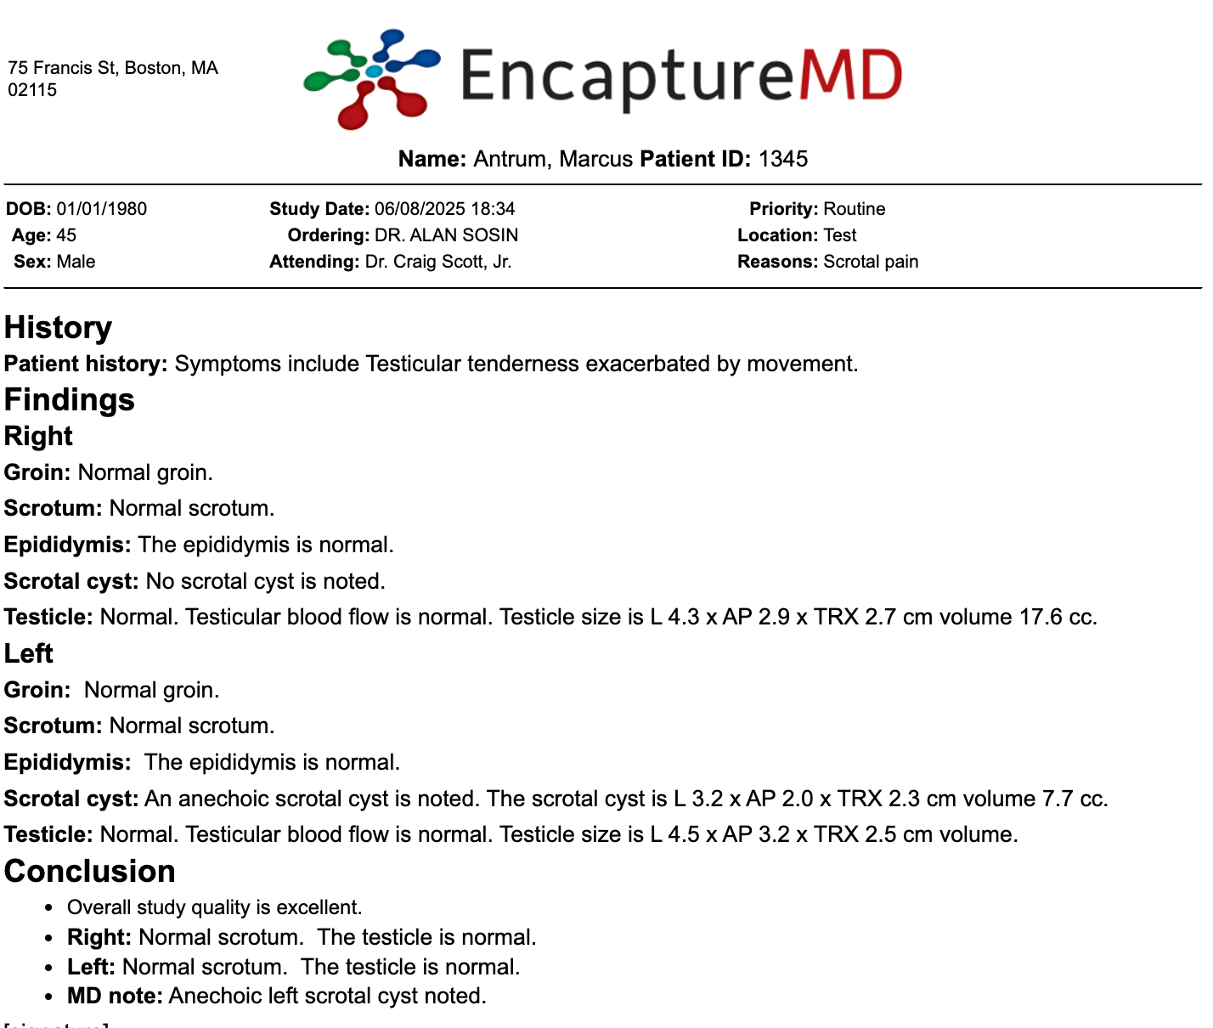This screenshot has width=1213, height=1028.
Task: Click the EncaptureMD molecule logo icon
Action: tap(371, 78)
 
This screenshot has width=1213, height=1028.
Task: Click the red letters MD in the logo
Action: tap(850, 76)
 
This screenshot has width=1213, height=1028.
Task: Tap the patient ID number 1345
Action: tap(782, 159)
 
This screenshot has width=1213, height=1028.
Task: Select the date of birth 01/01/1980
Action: tap(101, 209)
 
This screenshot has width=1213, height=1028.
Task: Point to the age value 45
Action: tap(66, 235)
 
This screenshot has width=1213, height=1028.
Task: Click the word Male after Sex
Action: tap(76, 262)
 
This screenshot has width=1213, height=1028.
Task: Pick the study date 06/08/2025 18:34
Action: tap(444, 209)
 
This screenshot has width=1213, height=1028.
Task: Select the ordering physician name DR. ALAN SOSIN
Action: tap(446, 235)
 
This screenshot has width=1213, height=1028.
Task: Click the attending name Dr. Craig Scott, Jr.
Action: tap(438, 262)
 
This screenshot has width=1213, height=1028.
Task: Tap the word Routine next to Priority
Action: tap(854, 209)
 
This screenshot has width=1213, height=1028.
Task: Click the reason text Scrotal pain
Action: tap(871, 262)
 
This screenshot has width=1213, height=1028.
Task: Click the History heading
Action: tap(58, 328)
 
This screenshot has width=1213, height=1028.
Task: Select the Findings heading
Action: tap(69, 399)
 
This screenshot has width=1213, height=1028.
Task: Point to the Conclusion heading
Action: tap(89, 871)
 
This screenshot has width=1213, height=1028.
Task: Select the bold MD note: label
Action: tap(115, 996)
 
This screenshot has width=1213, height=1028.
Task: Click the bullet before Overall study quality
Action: tap(52, 908)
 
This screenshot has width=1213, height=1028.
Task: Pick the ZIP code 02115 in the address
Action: tap(32, 90)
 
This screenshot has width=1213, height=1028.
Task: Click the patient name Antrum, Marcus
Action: tap(553, 159)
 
